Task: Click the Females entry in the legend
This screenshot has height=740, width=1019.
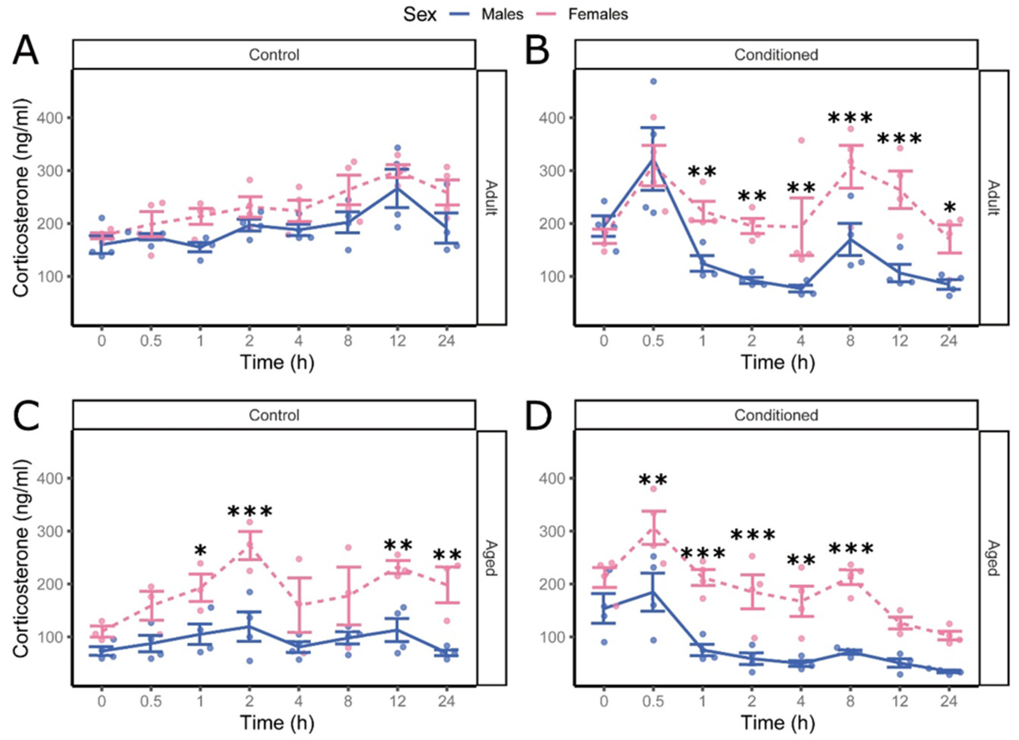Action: [582, 15]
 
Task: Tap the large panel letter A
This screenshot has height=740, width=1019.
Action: [26, 51]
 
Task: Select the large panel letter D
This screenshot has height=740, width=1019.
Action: [538, 416]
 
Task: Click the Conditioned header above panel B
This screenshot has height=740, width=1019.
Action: [776, 55]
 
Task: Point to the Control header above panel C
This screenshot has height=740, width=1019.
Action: [274, 415]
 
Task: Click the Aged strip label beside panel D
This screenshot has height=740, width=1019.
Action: [993, 558]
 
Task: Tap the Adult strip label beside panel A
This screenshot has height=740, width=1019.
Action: [492, 198]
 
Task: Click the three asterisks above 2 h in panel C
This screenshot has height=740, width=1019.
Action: [250, 512]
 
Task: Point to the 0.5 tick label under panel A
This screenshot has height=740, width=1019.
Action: [151, 341]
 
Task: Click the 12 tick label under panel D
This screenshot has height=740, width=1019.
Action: [900, 701]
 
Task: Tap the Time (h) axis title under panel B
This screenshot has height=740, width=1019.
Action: [778, 362]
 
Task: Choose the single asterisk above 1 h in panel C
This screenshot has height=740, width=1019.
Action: [200, 551]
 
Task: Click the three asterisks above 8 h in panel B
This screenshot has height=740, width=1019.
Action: [850, 118]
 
